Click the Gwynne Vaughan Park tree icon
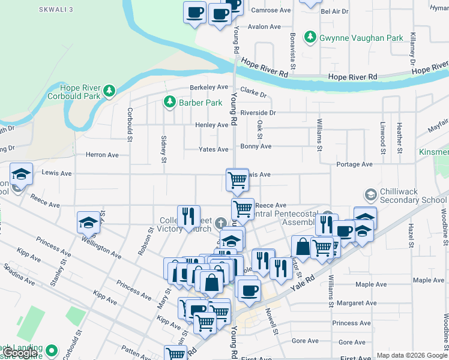(x=310, y=38)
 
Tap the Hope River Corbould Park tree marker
(x=109, y=91)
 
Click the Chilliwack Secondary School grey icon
(x=370, y=194)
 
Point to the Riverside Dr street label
(x=258, y=113)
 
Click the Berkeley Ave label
(x=209, y=87)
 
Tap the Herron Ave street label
(x=102, y=155)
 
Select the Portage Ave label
(x=355, y=164)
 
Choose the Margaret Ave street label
(x=358, y=303)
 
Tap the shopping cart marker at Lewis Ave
(x=238, y=179)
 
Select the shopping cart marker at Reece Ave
(x=243, y=209)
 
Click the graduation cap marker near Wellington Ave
(x=89, y=223)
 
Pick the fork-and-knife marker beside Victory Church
(x=188, y=216)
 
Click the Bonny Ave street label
(x=256, y=146)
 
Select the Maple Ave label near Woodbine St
(x=429, y=280)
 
